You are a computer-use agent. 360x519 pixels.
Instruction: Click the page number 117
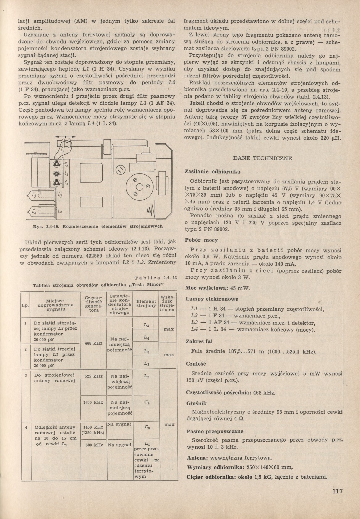(x=337, y=491)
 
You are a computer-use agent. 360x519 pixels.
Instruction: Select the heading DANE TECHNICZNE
(x=262, y=158)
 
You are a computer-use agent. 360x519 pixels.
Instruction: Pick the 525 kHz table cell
(x=94, y=376)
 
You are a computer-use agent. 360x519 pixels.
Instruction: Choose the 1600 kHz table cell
(x=94, y=403)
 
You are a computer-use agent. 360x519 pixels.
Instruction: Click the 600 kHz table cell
(x=94, y=445)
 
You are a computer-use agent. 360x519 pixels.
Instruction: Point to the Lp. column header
(x=25, y=305)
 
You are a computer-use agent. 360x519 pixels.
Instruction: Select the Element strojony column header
(x=146, y=303)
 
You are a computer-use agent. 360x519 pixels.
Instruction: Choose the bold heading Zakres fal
(x=199, y=341)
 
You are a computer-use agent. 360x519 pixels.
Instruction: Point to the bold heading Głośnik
(x=196, y=403)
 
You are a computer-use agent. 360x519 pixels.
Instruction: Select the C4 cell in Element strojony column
(x=146, y=403)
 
